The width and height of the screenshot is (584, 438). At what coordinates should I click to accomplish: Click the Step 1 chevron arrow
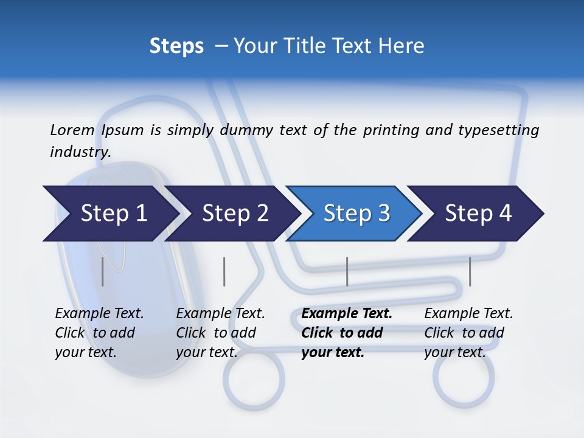click(x=109, y=214)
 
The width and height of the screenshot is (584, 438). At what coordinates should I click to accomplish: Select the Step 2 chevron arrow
click(x=234, y=214)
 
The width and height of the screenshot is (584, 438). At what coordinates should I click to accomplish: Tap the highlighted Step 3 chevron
click(x=356, y=214)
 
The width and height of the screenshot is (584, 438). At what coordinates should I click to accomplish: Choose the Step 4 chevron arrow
click(x=478, y=214)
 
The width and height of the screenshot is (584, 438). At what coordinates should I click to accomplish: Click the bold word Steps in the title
click(x=176, y=46)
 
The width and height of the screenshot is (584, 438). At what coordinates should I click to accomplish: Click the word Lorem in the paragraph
click(x=72, y=130)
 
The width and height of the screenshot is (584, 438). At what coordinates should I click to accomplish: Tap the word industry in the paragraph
click(x=80, y=152)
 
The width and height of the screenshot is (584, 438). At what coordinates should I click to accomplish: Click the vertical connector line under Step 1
click(x=102, y=271)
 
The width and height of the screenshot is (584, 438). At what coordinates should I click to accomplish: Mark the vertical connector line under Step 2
click(x=224, y=271)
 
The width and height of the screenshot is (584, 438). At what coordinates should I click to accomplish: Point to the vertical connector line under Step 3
click(x=347, y=271)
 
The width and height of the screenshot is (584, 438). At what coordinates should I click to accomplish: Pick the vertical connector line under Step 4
click(x=470, y=271)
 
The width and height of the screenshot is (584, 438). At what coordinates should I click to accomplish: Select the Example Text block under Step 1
click(x=99, y=333)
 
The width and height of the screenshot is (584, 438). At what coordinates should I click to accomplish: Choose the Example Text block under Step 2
click(x=220, y=333)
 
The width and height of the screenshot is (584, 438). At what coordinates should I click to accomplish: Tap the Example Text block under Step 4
click(x=468, y=333)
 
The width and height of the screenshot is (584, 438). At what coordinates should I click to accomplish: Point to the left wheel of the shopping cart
click(x=253, y=378)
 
